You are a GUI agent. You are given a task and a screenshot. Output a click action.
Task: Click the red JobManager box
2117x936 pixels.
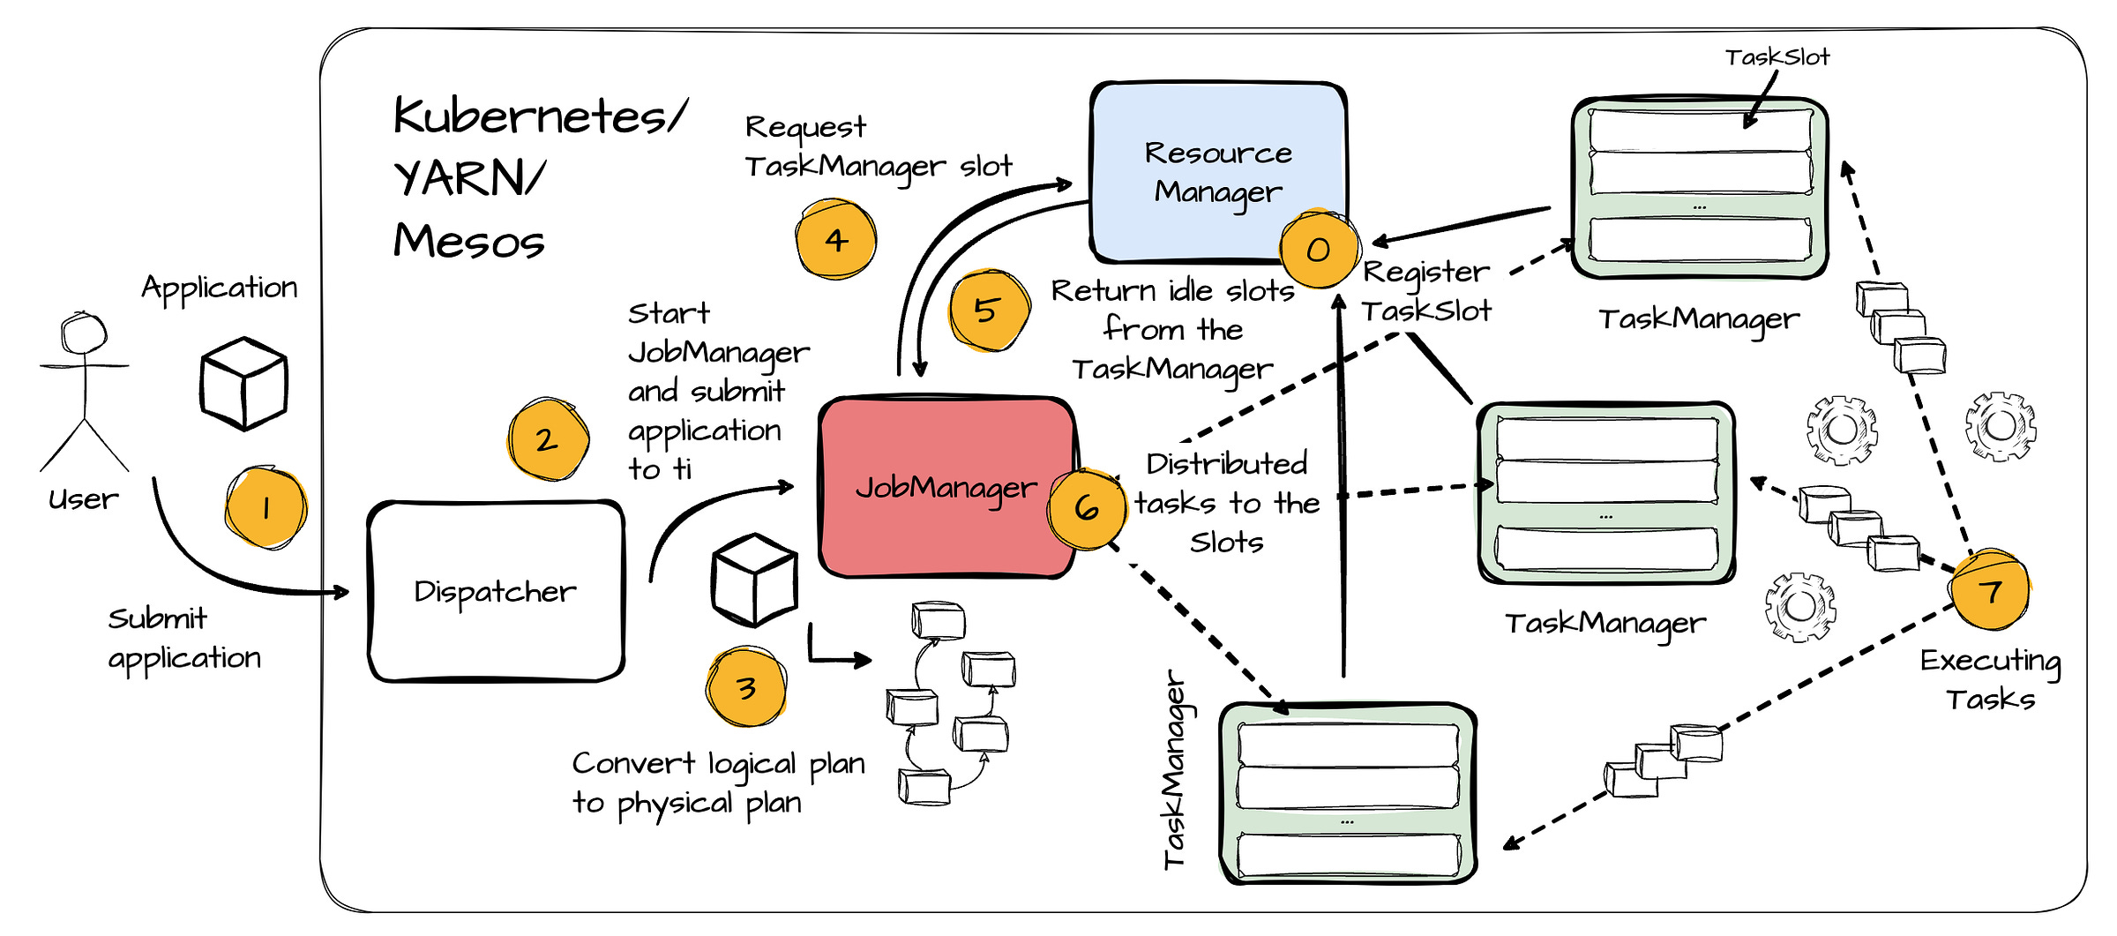point(947,487)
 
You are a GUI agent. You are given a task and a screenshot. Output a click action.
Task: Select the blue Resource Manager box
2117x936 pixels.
point(1219,172)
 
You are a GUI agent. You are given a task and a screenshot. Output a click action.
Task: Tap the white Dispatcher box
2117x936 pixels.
point(496,591)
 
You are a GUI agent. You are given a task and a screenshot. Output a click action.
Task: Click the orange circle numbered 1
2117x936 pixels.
point(266,508)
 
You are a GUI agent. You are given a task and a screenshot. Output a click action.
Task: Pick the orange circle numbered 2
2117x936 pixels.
point(548,439)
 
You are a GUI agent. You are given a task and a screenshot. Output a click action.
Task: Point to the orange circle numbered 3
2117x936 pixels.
point(746,687)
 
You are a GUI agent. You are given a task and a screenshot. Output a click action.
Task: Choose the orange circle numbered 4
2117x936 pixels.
point(835,239)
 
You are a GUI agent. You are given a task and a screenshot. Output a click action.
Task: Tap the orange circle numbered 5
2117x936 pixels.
point(989,311)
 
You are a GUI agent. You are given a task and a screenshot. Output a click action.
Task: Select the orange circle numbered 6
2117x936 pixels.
point(1087,508)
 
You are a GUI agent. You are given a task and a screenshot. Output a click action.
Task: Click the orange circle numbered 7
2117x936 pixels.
point(1990,590)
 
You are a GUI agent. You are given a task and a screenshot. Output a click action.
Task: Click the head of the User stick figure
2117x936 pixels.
point(84,333)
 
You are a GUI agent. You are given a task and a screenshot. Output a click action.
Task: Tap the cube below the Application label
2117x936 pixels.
point(244,384)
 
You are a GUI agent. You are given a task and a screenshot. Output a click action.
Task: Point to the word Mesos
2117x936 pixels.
point(469,241)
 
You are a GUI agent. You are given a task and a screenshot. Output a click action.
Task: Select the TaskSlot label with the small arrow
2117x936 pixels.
point(1777,57)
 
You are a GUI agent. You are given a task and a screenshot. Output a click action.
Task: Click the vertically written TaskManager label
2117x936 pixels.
point(1175,769)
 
